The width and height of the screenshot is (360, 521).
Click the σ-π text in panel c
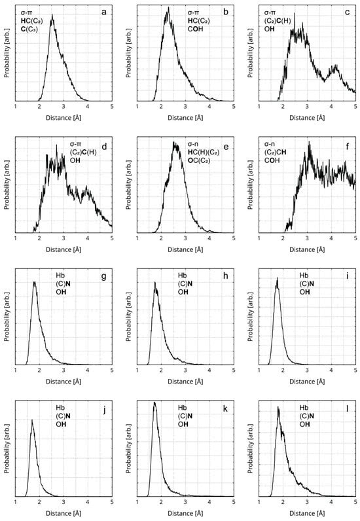click(270, 12)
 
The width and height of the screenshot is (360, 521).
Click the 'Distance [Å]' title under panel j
click(63, 512)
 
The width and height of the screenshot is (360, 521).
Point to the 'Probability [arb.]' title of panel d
click(6, 185)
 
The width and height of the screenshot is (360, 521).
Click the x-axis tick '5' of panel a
click(112, 107)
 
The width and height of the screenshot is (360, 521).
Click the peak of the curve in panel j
click(32, 420)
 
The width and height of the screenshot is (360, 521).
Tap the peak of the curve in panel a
click(52, 14)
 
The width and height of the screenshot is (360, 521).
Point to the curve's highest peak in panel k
click(154, 402)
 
